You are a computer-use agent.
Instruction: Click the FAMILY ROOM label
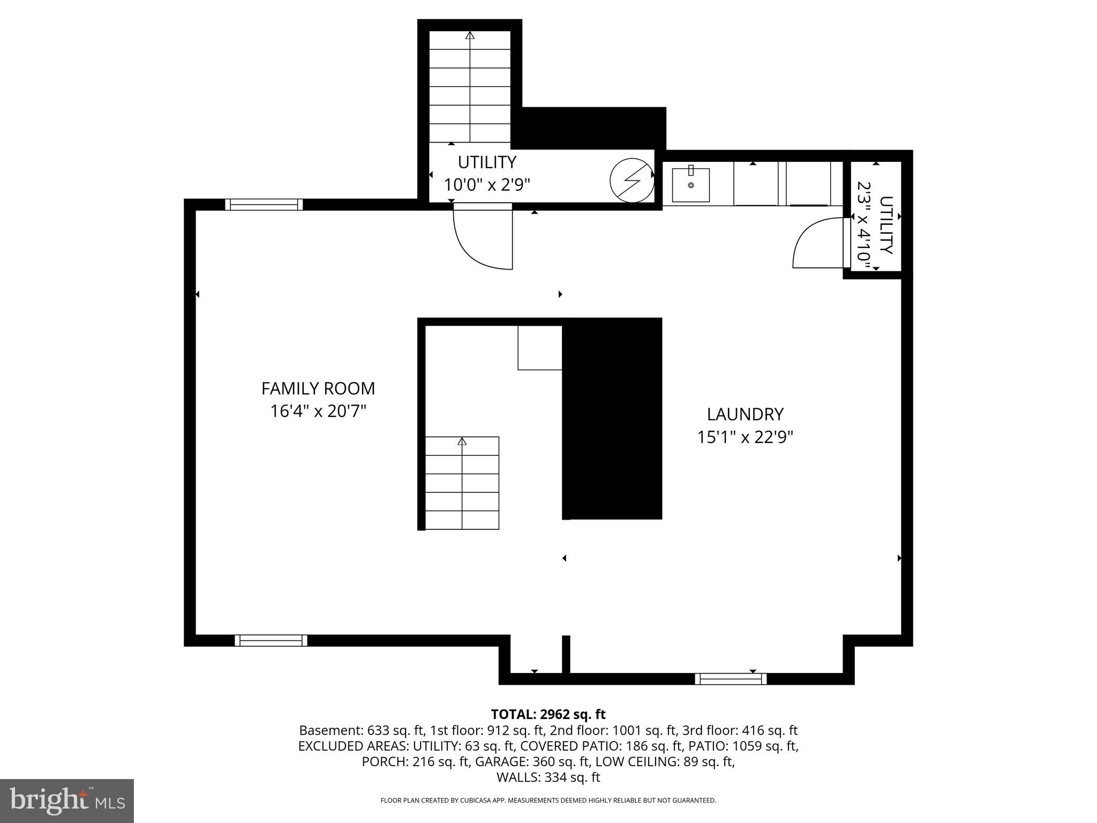point(318,388)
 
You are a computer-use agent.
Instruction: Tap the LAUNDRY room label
point(745,414)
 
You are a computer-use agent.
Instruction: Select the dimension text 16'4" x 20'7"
point(318,411)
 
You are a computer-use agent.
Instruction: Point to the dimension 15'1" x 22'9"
point(745,437)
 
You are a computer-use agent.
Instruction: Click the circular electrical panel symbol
point(632,181)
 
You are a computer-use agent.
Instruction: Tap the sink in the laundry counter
point(690,185)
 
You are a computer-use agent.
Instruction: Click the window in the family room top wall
point(264,205)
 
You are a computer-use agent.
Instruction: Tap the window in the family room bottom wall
point(271,640)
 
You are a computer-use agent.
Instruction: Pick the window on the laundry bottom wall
point(731,679)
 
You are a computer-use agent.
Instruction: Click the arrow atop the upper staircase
point(470,36)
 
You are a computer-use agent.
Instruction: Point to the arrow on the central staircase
point(462,442)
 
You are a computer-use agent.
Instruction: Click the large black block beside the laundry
point(612,418)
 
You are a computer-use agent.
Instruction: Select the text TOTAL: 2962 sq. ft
point(548,714)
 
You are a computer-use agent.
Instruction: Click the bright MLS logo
point(67,801)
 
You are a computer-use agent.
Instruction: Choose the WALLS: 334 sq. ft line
point(548,777)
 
